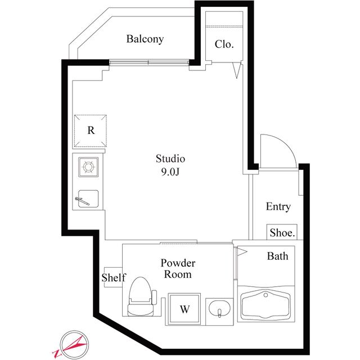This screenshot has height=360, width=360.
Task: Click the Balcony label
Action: pos(145,39)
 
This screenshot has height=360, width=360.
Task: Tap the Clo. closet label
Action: pos(224,44)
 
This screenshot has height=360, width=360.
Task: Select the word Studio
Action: pos(170,159)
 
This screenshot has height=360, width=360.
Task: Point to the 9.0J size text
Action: pos(170,172)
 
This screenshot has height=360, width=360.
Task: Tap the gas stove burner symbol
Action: pos(89,166)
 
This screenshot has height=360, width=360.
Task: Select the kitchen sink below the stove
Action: pos(88,199)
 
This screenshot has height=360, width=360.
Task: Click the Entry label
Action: pos(278,206)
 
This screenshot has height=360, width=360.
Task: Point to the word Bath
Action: pos(277,256)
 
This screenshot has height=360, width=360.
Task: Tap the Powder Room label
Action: pos(177,269)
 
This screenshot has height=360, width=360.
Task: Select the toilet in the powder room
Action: pos(141,298)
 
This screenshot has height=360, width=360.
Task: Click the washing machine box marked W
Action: pos(184,309)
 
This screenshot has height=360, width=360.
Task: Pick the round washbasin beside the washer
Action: pos(218,310)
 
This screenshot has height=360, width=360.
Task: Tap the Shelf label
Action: pos(114,277)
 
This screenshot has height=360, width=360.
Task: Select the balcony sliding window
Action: pos(149,61)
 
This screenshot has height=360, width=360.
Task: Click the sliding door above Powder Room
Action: pos(178,243)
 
